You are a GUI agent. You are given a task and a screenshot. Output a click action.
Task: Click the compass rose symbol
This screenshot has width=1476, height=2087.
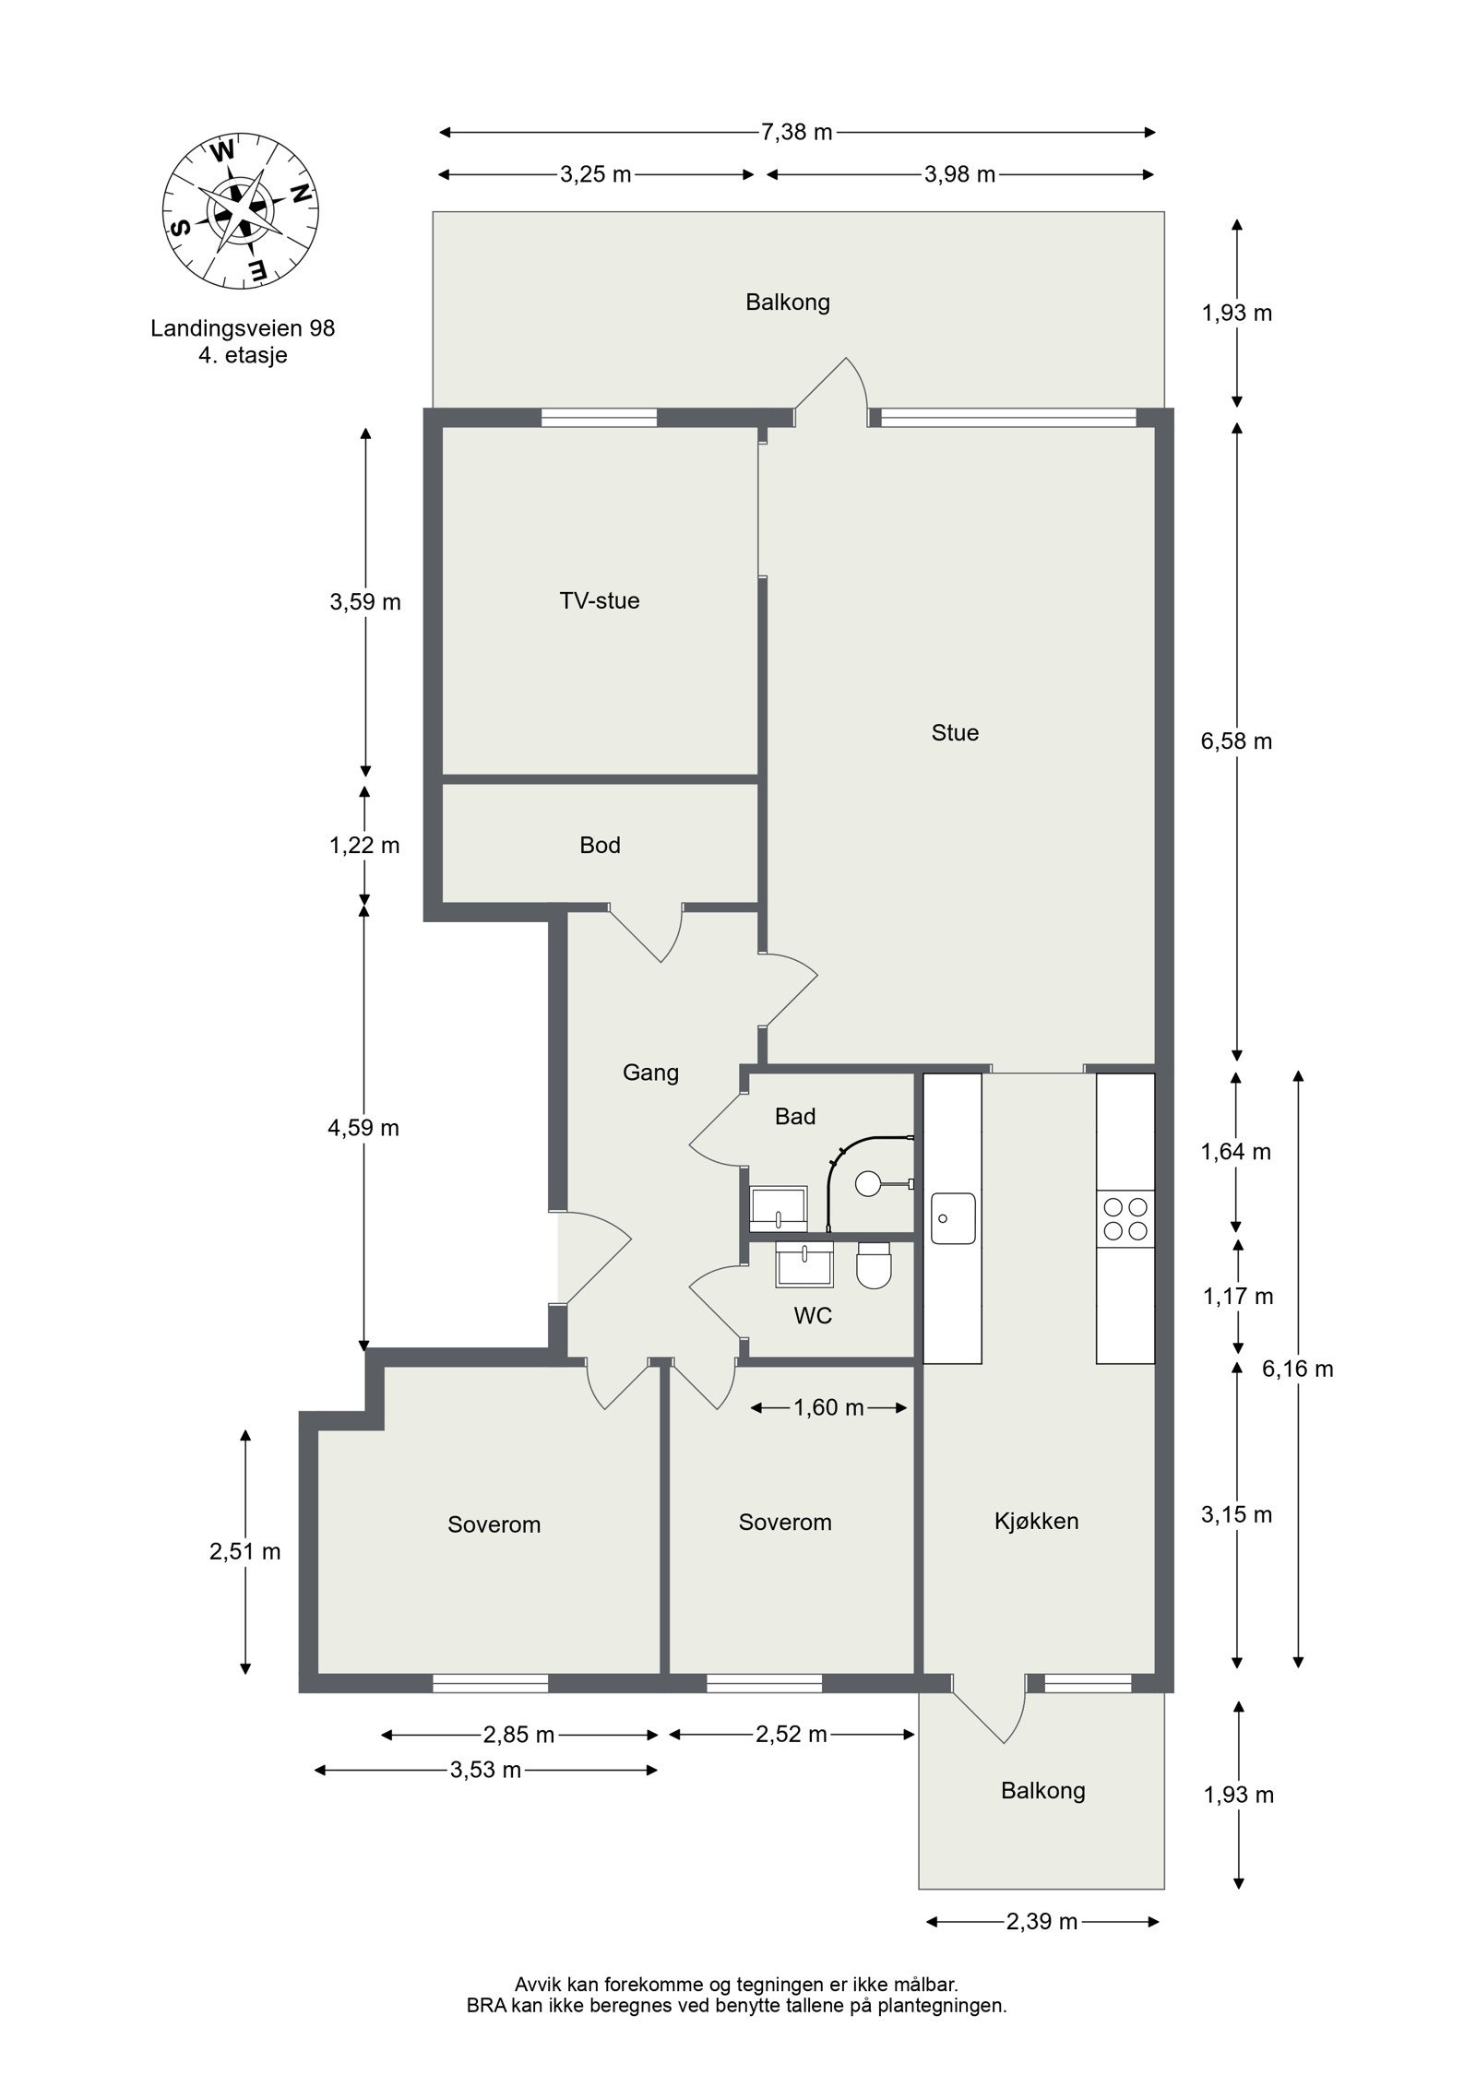pyautogui.click(x=241, y=212)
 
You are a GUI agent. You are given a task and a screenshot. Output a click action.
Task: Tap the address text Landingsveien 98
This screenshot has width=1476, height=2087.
pyautogui.click(x=243, y=328)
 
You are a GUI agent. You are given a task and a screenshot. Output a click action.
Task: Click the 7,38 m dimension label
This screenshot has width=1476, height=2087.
pyautogui.click(x=796, y=132)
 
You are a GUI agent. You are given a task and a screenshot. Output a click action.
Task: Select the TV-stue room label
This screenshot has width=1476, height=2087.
pyautogui.click(x=599, y=601)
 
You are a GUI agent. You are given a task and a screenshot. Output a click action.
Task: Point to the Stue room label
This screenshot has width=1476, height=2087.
pyautogui.click(x=954, y=733)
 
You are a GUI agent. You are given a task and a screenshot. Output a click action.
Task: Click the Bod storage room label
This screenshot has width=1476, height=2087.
pyautogui.click(x=600, y=845)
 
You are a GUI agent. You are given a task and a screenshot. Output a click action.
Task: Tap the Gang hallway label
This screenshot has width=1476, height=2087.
pyautogui.click(x=650, y=1073)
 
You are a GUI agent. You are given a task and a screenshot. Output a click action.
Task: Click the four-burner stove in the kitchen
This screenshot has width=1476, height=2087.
pyautogui.click(x=1125, y=1218)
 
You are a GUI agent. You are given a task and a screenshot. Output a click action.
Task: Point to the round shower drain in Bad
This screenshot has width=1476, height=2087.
pyautogui.click(x=869, y=1183)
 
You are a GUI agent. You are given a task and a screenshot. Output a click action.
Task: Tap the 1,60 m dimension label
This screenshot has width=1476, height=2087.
pyautogui.click(x=828, y=1407)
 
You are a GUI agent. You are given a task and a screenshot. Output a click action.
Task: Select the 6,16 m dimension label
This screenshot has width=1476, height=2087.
pyautogui.click(x=1297, y=1369)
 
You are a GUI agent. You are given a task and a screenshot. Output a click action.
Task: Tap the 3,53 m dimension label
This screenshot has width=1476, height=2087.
pyautogui.click(x=485, y=1770)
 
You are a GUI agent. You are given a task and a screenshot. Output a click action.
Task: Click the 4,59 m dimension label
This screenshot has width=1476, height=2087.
pyautogui.click(x=364, y=1128)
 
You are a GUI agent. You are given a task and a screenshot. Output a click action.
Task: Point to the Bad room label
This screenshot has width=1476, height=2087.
pyautogui.click(x=794, y=1117)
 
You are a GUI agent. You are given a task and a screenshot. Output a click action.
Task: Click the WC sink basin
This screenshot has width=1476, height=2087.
pyautogui.click(x=804, y=1263)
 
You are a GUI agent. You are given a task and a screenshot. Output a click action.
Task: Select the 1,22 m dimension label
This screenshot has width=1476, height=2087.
pyautogui.click(x=364, y=845)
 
